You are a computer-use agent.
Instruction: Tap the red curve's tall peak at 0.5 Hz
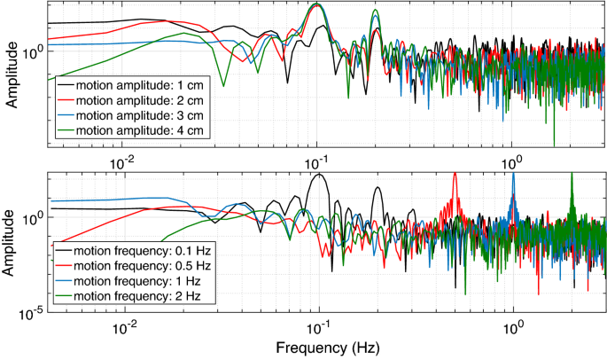[x=455, y=175]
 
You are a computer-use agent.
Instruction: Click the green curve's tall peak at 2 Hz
[x=572, y=175]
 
